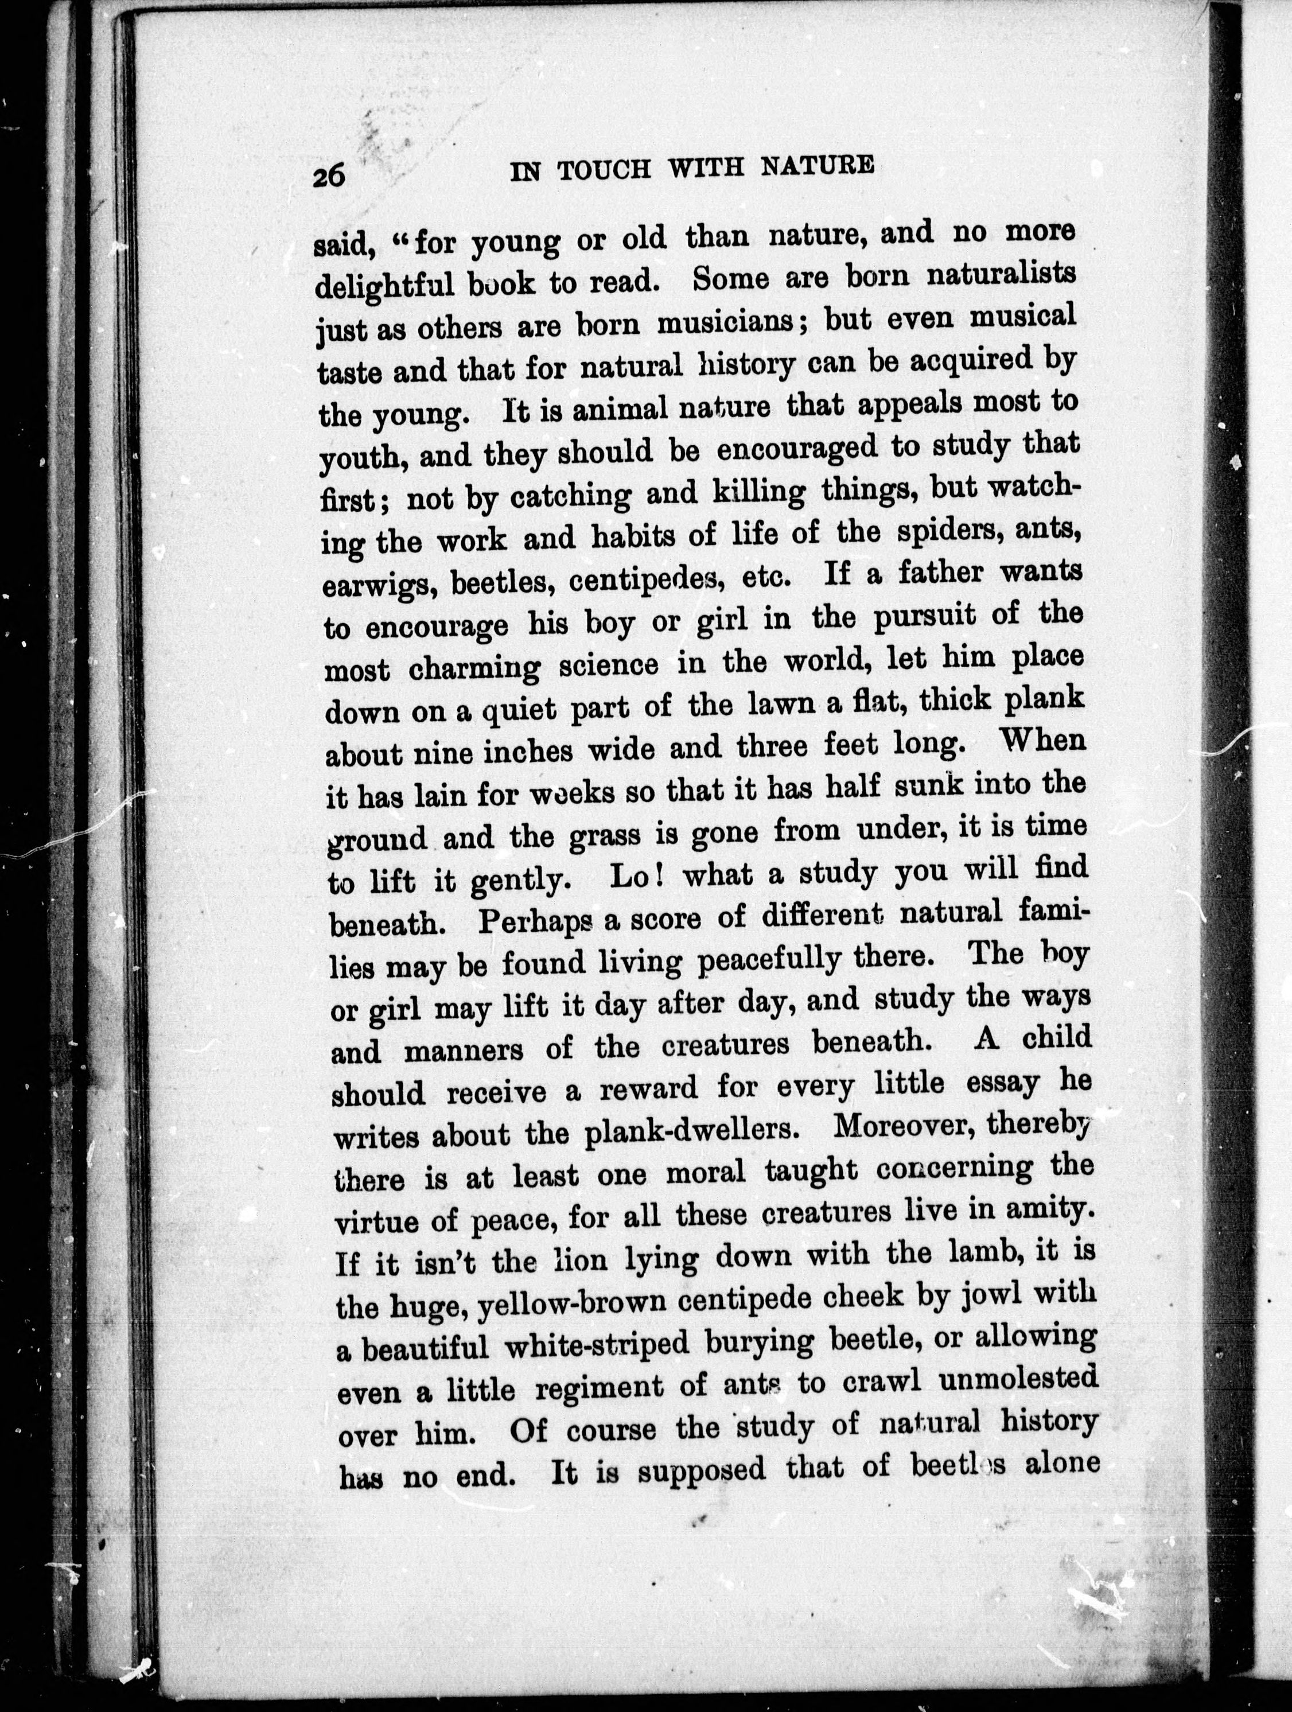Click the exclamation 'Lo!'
point(634,877)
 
